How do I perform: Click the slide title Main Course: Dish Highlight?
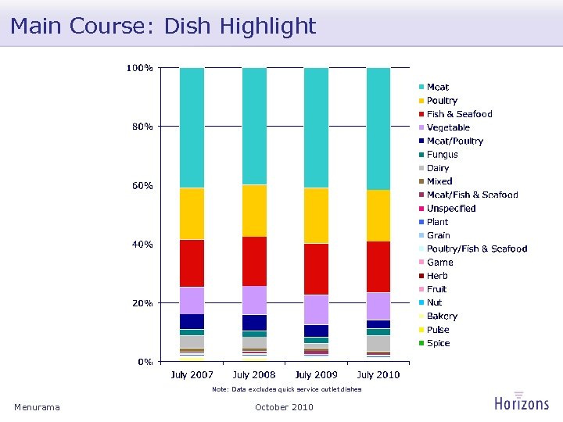[163, 26]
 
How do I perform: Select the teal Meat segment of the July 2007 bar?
[192, 127]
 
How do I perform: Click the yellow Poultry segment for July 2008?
[254, 210]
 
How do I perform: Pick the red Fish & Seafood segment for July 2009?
[316, 268]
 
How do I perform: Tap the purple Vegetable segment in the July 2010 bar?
[378, 306]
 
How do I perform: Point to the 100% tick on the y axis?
[140, 68]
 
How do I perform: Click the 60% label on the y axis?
[142, 186]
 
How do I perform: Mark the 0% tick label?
[145, 362]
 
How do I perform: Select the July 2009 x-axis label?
[316, 375]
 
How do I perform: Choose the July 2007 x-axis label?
[192, 375]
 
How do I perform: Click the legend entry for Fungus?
[442, 155]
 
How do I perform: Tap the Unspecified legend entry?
[451, 209]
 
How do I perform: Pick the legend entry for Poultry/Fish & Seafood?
[476, 249]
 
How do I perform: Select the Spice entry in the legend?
[438, 344]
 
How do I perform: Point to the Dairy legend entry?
[438, 168]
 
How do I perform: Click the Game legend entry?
[439, 263]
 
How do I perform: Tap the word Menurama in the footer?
[37, 407]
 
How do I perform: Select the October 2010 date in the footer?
[284, 407]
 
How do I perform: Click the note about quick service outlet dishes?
[287, 389]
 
